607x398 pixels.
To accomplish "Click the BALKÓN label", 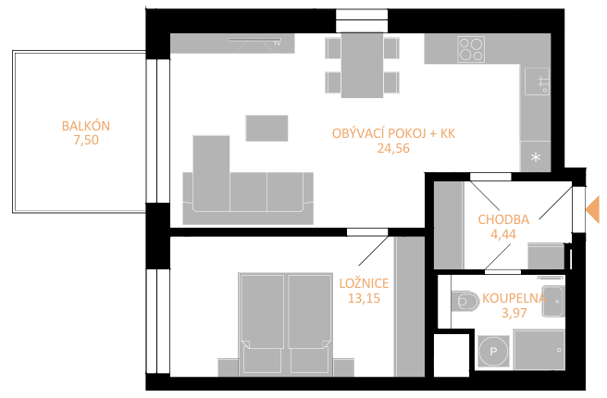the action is point(86,126).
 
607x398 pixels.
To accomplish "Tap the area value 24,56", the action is point(393,148).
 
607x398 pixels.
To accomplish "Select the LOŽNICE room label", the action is point(364,283).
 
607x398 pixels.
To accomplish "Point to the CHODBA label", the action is point(503,219).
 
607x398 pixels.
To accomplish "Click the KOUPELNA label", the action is point(514,298).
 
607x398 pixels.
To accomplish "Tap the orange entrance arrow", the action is point(592,209).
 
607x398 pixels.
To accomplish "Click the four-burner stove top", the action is point(471,49).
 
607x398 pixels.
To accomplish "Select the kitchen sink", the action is point(538,81).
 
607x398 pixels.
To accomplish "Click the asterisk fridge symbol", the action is point(536,157).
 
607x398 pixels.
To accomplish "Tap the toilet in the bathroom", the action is point(465,301).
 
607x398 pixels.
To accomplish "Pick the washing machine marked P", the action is point(493,352).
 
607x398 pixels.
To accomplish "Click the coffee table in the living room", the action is point(266,128).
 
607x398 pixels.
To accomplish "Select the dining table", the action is point(363,65).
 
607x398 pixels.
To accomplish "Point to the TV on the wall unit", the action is point(254,41).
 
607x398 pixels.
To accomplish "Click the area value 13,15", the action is point(364,298).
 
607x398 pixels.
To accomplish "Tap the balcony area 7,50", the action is point(86,140).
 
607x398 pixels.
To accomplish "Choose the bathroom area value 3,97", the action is point(514,313).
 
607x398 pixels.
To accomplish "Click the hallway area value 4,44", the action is point(503,234).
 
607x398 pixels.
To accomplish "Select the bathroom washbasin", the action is point(553,301).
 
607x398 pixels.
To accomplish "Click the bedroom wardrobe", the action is point(410,306).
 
